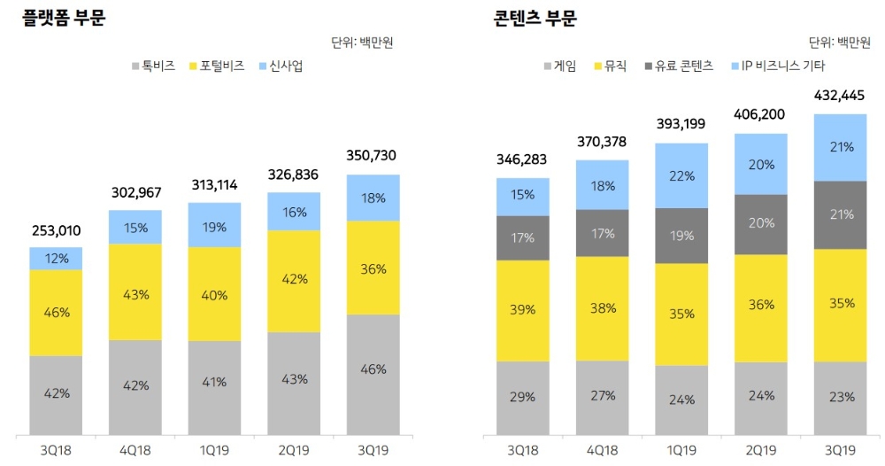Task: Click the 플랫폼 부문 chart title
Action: point(64,19)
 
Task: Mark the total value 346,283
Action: point(522,159)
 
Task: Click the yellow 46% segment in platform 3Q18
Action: point(56,312)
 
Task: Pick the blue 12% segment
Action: point(56,258)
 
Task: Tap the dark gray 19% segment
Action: point(681,236)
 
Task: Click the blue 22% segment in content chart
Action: point(681,175)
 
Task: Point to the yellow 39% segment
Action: point(522,309)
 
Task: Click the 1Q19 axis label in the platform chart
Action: point(213,450)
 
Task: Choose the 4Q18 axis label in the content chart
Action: point(602,450)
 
